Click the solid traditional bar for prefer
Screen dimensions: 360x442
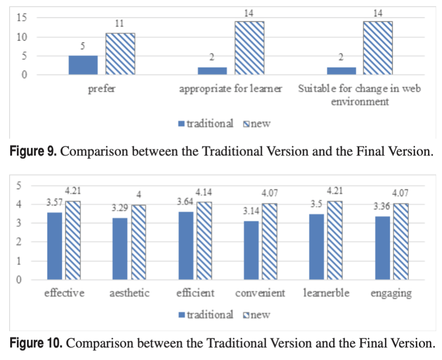tap(83, 65)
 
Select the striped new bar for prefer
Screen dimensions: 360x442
tap(120, 54)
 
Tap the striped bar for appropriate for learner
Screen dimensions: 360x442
tap(249, 48)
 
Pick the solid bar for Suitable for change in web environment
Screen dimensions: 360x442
tap(341, 71)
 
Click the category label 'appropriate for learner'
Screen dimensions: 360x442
tap(230, 90)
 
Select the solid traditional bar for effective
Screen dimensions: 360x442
tap(54, 246)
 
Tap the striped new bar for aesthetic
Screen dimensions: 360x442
tap(139, 242)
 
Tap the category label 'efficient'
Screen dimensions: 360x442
tap(197, 293)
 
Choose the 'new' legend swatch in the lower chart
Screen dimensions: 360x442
tap(245, 315)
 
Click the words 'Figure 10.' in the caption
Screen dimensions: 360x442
tap(36, 344)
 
